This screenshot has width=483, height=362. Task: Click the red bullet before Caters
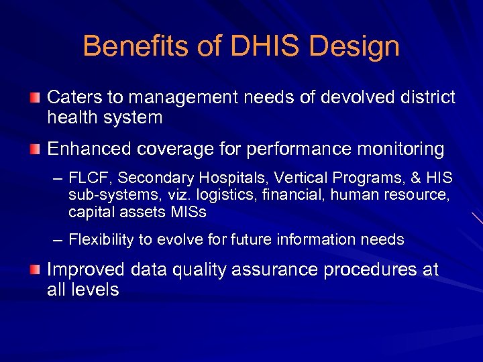[36, 99]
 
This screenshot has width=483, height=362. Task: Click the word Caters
[74, 98]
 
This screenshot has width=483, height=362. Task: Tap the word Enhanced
[87, 149]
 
